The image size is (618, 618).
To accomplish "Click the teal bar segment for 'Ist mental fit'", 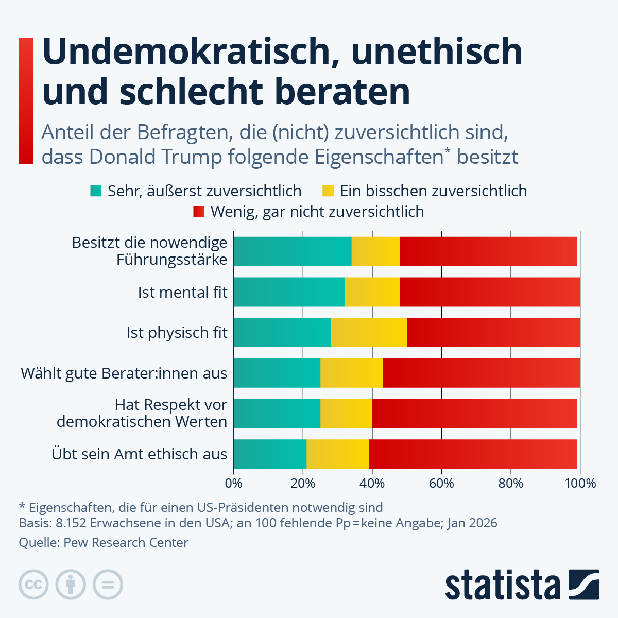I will click(289, 292).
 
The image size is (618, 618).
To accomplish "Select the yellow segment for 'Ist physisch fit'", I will click(369, 333).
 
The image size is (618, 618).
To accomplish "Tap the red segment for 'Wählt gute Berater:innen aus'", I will click(481, 373).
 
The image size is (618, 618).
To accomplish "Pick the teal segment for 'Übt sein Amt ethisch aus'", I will click(270, 454).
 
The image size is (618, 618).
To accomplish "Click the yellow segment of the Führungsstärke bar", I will click(375, 251).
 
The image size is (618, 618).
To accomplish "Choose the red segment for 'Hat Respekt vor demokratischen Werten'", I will click(474, 413).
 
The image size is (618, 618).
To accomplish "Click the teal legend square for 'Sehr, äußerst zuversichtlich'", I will click(96, 191).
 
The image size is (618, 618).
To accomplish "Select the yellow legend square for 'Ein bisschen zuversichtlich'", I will click(328, 191).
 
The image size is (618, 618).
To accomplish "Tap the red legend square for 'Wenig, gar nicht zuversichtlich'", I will click(199, 212).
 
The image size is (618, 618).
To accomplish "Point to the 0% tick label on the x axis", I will click(234, 484).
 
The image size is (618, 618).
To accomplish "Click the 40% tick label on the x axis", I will click(372, 484).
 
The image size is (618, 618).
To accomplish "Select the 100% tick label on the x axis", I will click(580, 484).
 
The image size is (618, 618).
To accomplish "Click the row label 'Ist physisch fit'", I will click(177, 333).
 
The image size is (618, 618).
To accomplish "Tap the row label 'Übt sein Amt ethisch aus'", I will click(139, 454).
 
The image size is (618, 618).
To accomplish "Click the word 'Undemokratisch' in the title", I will click(188, 51).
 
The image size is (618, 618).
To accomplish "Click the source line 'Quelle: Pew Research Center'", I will click(104, 542).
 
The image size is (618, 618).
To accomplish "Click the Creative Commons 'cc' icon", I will click(33, 585).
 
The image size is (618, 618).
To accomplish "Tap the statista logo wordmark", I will click(502, 585).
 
